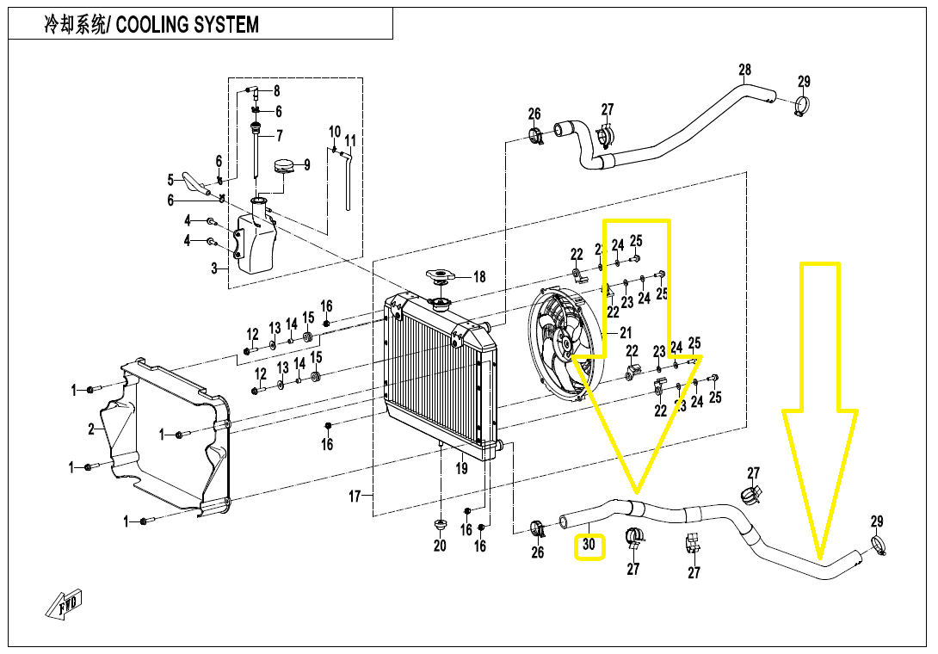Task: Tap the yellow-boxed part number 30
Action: pyautogui.click(x=589, y=545)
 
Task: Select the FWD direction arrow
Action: pyautogui.click(x=64, y=608)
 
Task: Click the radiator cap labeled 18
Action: pyautogui.click(x=441, y=276)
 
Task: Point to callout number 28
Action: pyautogui.click(x=744, y=70)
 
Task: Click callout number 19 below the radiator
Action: pyautogui.click(x=462, y=469)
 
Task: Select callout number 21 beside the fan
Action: pyautogui.click(x=625, y=332)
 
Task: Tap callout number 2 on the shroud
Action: pyautogui.click(x=91, y=429)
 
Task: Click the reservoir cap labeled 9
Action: pyautogui.click(x=284, y=165)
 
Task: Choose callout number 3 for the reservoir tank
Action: pyautogui.click(x=214, y=268)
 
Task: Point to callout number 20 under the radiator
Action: pyautogui.click(x=440, y=545)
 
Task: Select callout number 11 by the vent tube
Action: pyautogui.click(x=349, y=140)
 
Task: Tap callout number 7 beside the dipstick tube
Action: pyautogui.click(x=279, y=135)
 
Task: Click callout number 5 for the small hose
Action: pyautogui.click(x=170, y=180)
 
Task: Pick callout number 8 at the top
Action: pyautogui.click(x=277, y=91)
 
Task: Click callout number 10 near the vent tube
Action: pyautogui.click(x=335, y=132)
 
